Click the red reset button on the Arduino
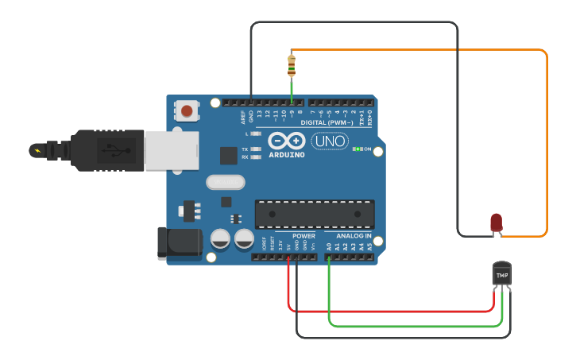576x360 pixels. click(187, 111)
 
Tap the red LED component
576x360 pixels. click(496, 223)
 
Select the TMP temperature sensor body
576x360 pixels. click(501, 275)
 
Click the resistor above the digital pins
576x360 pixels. click(292, 65)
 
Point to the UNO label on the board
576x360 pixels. click(329, 141)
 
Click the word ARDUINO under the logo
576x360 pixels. click(287, 154)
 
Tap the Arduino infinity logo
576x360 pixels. click(287, 141)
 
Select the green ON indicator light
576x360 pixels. click(358, 149)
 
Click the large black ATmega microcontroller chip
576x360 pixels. click(314, 214)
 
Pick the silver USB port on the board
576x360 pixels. click(170, 150)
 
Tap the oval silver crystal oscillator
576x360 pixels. click(226, 182)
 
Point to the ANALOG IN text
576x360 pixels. click(354, 236)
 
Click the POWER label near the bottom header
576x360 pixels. click(303, 236)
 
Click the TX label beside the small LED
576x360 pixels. click(245, 149)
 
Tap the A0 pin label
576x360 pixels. click(329, 247)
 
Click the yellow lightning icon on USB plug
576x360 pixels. click(37, 149)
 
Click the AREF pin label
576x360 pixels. click(243, 118)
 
